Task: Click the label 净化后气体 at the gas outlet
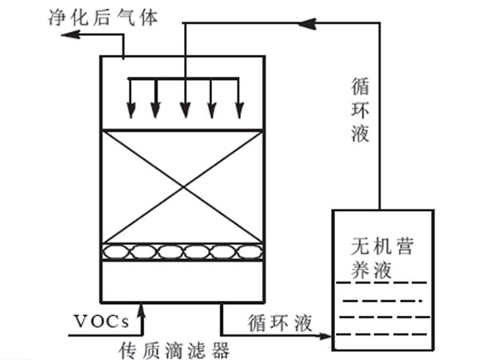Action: pyautogui.click(x=82, y=15)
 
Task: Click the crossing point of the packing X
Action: pyautogui.click(x=185, y=186)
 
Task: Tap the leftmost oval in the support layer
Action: pyautogui.click(x=118, y=253)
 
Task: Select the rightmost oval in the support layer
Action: pyautogui.click(x=250, y=253)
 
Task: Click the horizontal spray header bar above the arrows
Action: pyautogui.click(x=185, y=78)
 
